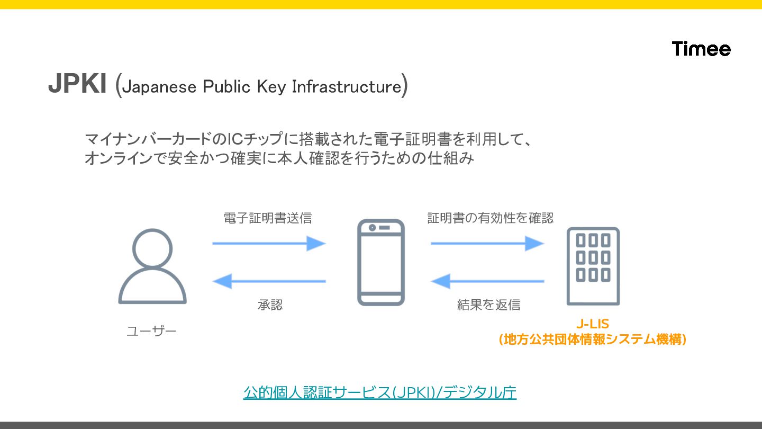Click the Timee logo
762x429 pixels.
(x=701, y=49)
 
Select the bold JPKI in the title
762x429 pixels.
(x=77, y=84)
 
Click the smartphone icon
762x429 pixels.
(x=380, y=262)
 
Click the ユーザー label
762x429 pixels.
(x=151, y=332)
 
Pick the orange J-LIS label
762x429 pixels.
(x=593, y=324)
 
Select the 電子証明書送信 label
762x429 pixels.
(x=268, y=218)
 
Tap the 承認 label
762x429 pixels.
(x=270, y=305)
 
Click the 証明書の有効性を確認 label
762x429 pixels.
(x=490, y=218)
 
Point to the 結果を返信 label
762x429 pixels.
(x=488, y=305)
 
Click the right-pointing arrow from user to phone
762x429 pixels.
(x=269, y=244)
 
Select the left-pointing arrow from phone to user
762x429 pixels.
(x=269, y=281)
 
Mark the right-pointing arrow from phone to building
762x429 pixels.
(x=487, y=244)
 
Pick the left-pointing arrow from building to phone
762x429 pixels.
(x=487, y=281)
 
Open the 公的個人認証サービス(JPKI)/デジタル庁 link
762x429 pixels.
(x=380, y=392)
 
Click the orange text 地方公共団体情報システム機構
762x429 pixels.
(x=593, y=339)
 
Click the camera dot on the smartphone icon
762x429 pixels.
(x=373, y=228)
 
